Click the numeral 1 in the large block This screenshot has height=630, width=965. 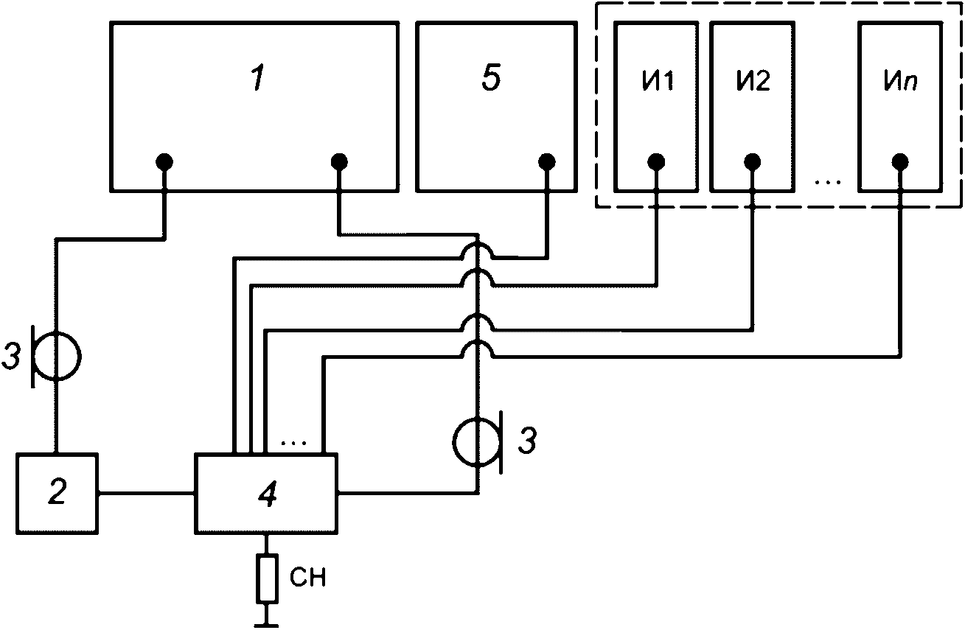[x=259, y=78]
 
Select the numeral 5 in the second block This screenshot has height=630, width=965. [x=491, y=78]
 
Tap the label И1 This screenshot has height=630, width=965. [x=658, y=80]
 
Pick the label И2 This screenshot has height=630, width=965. [x=753, y=80]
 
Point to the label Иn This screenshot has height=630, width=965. [x=900, y=80]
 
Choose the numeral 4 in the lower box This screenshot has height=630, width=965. [x=268, y=494]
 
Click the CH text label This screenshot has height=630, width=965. [x=307, y=577]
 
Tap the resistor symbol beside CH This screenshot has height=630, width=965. [x=267, y=578]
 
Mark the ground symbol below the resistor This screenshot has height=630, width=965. [x=267, y=620]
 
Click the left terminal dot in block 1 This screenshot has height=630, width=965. [x=164, y=162]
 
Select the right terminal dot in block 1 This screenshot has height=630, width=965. [x=339, y=162]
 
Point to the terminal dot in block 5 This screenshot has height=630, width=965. [x=547, y=162]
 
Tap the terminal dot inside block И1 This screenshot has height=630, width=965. [x=656, y=162]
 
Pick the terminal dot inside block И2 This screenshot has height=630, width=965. [x=752, y=162]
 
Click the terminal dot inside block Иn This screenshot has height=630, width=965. [x=900, y=162]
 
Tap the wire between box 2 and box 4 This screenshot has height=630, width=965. [x=146, y=494]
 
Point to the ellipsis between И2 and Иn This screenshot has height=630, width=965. [x=828, y=183]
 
